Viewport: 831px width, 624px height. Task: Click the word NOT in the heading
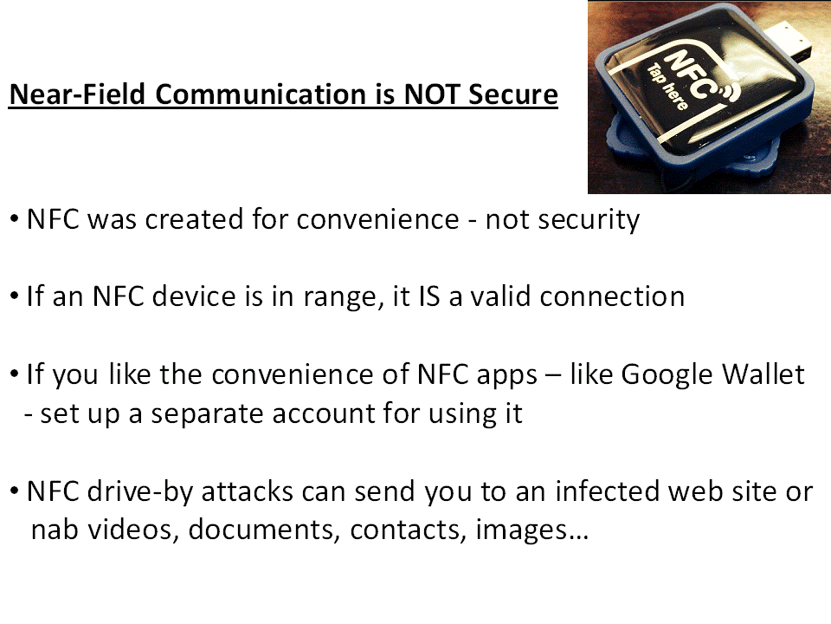click(x=431, y=94)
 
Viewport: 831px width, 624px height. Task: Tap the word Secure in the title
click(x=513, y=94)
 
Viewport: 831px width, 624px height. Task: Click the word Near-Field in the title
click(x=77, y=94)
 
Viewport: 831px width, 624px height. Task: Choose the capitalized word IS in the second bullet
click(x=429, y=296)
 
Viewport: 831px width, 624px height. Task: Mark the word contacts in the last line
click(x=408, y=530)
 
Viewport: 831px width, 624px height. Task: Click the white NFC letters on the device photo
click(x=687, y=75)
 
